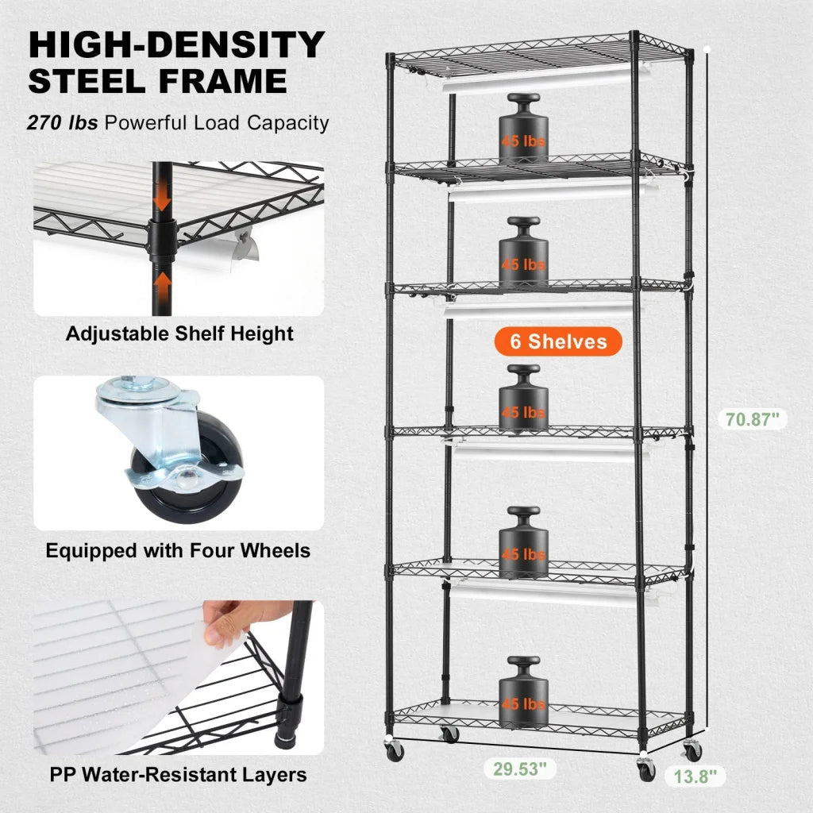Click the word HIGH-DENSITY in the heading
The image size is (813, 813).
[176, 45]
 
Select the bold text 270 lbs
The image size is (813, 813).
[63, 123]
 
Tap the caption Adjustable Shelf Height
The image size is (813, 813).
[179, 333]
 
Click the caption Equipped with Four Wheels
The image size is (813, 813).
[178, 550]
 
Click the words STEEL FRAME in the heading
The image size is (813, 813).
[157, 82]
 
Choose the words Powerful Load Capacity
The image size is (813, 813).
[217, 123]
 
